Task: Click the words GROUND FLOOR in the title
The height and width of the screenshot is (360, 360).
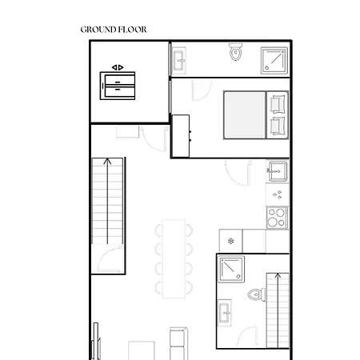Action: [x=113, y=30]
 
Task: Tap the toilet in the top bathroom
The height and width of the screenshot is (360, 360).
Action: [x=235, y=54]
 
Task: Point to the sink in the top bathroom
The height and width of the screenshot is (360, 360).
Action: [x=178, y=59]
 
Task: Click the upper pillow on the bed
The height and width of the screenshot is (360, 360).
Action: [x=278, y=104]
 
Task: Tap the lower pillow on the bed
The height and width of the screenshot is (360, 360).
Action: [x=278, y=126]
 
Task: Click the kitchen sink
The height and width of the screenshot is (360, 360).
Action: [x=277, y=170]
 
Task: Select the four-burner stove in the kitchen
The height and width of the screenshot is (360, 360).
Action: [x=277, y=217]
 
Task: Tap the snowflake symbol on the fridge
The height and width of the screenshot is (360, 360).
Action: [x=231, y=240]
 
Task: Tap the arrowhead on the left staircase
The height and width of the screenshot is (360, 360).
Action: [x=107, y=163]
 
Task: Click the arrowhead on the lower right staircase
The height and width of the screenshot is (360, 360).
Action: [x=278, y=277]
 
